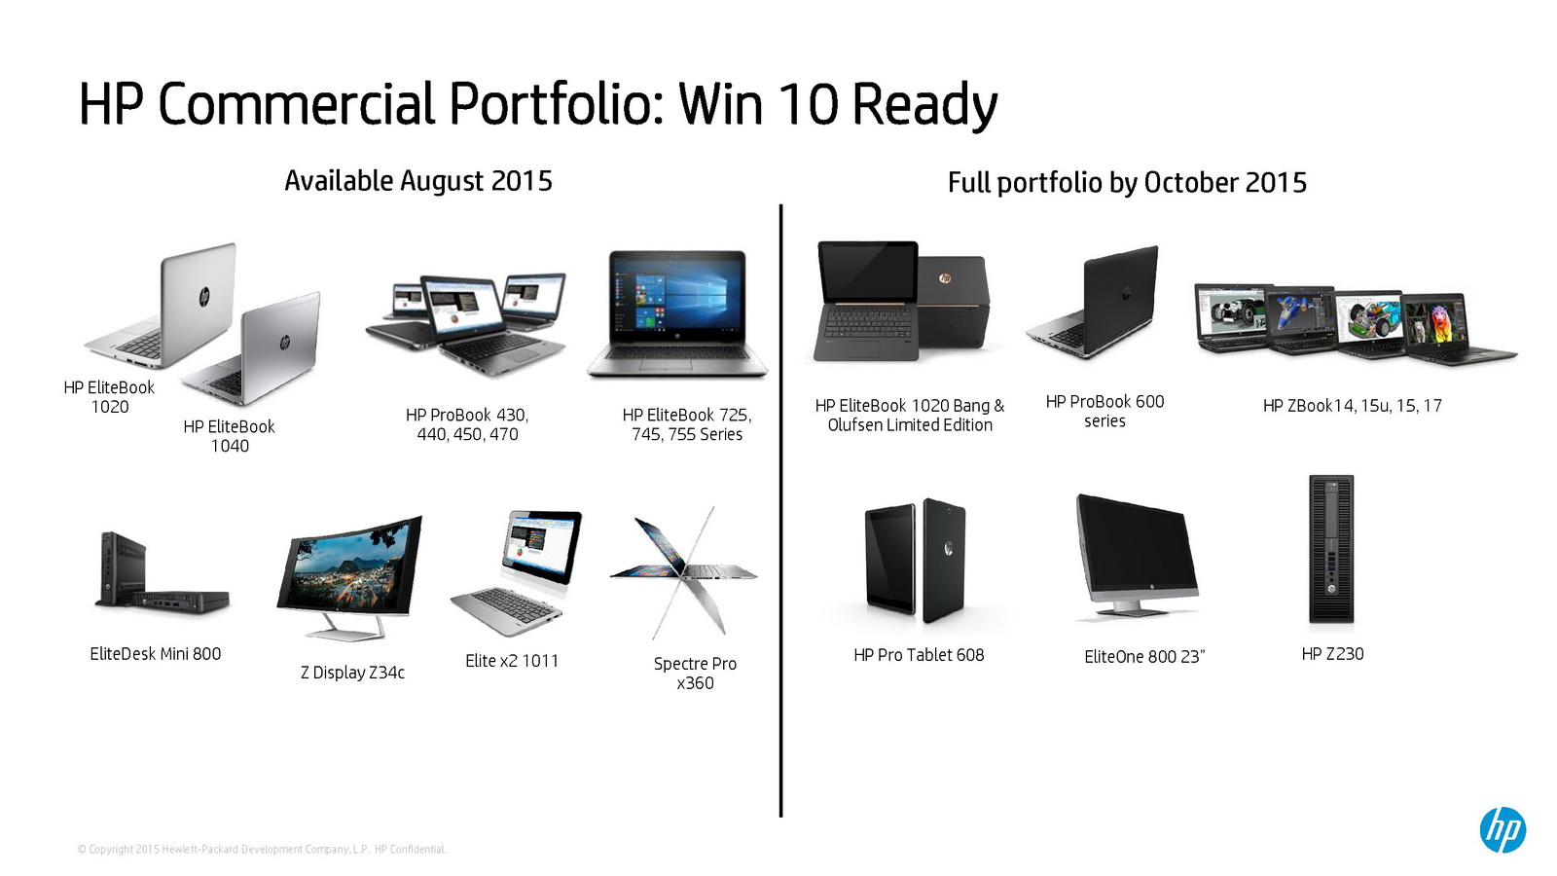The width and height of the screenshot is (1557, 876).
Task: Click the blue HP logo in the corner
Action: (x=1503, y=829)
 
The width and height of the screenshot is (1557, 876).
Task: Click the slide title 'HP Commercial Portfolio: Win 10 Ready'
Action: (x=538, y=104)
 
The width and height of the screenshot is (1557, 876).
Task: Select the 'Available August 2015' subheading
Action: (x=418, y=181)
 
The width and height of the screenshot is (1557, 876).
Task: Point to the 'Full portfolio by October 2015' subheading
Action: (x=1127, y=183)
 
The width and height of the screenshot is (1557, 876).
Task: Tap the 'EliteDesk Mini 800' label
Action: (x=156, y=653)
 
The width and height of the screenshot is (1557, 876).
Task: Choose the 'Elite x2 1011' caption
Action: (x=512, y=661)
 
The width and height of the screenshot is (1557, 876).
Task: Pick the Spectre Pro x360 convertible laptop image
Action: (x=684, y=572)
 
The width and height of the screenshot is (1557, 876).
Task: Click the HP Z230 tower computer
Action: (x=1331, y=549)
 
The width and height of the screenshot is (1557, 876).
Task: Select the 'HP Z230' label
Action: (x=1332, y=653)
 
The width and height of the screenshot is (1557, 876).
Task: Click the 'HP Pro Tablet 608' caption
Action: (x=919, y=655)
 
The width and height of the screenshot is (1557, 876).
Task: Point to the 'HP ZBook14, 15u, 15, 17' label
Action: (x=1352, y=405)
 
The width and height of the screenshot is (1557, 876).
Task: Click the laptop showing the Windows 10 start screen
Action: (x=677, y=314)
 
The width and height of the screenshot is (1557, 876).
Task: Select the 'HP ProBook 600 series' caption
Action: (x=1104, y=411)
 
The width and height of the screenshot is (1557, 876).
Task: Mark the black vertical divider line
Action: (x=781, y=510)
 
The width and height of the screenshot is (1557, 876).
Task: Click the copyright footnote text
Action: (x=262, y=849)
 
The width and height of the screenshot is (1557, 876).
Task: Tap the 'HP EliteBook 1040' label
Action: (x=230, y=436)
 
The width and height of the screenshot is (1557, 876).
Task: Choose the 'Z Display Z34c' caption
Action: (x=352, y=673)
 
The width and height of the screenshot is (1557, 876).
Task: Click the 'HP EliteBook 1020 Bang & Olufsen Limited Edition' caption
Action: (x=910, y=415)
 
